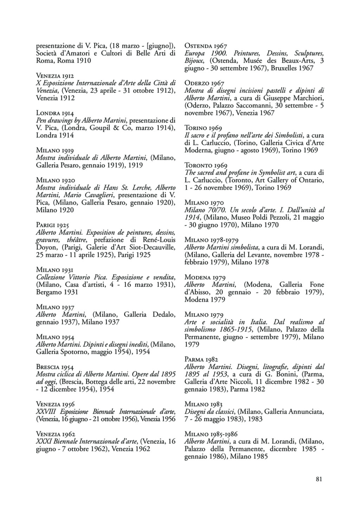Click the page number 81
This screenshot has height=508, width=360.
tap(319, 479)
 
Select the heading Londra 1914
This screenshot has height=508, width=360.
tap(55, 113)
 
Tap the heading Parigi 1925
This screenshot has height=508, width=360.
tap(52, 225)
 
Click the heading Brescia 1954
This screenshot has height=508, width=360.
tap(55, 367)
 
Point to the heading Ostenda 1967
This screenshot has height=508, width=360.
tap(206, 46)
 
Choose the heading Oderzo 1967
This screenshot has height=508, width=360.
tap(204, 83)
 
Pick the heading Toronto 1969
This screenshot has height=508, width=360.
tap(206, 165)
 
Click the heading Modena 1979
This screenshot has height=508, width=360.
tap(205, 277)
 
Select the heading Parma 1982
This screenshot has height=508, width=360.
tap(201, 359)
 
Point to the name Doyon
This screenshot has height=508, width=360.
tap(46, 247)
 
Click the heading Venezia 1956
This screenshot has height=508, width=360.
tap(56, 404)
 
